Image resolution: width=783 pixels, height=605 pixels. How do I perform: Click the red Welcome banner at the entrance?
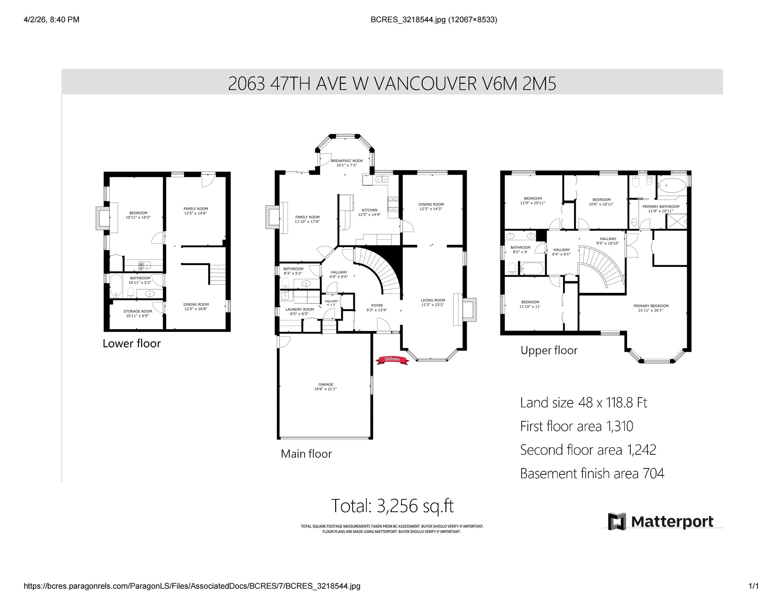click(x=392, y=360)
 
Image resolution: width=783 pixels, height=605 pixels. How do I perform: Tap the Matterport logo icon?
click(x=617, y=521)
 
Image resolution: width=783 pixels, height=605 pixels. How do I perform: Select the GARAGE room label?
click(x=325, y=386)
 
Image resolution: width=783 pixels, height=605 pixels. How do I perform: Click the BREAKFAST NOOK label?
click(x=346, y=163)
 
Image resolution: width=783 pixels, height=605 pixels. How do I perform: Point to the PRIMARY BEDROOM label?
click(x=651, y=308)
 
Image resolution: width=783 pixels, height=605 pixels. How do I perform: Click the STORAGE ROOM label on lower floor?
click(x=138, y=313)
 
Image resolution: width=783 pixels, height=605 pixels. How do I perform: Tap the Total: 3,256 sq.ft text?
click(x=392, y=505)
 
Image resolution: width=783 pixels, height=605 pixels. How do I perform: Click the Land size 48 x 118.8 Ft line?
click(x=583, y=403)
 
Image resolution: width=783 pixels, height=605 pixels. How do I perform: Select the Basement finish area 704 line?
click(x=592, y=473)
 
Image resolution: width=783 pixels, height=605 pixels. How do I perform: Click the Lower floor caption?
click(x=132, y=343)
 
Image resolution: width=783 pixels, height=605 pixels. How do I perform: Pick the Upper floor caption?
click(x=549, y=350)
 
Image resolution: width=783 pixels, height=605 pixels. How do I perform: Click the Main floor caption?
click(x=306, y=454)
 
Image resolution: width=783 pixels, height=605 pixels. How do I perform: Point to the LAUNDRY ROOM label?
click(x=299, y=311)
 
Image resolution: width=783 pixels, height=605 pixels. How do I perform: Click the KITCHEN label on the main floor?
click(x=369, y=212)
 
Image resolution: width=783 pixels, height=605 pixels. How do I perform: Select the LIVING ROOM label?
click(x=432, y=302)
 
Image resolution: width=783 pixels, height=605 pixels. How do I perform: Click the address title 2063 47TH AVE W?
click(x=392, y=84)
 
